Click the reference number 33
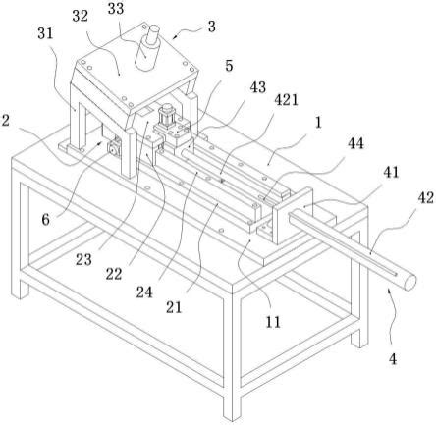click(x=116, y=9)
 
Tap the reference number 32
click(x=81, y=17)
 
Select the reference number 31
click(x=45, y=33)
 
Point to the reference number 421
click(x=287, y=100)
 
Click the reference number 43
click(x=258, y=87)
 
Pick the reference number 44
click(x=355, y=143)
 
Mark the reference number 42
click(x=426, y=198)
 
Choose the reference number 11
click(x=273, y=322)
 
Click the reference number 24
click(x=144, y=292)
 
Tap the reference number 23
click(x=83, y=260)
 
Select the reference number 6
click(x=46, y=220)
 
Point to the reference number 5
click(x=229, y=66)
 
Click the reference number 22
click(x=114, y=274)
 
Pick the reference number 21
click(x=174, y=307)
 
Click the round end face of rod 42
click(x=409, y=283)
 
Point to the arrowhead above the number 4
click(x=389, y=289)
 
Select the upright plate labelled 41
click(x=293, y=216)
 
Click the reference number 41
click(x=392, y=173)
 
